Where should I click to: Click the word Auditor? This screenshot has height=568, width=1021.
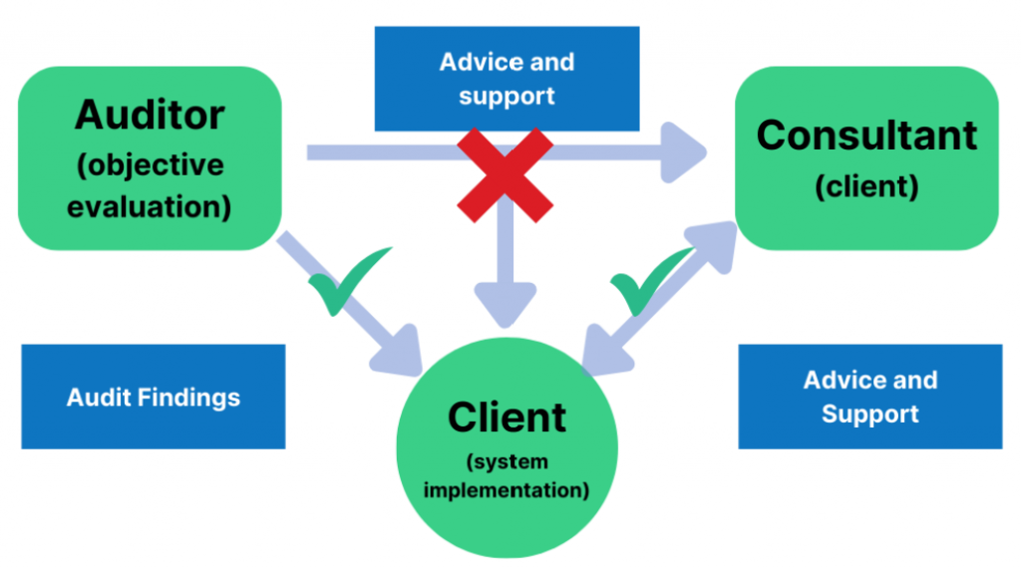tap(150, 116)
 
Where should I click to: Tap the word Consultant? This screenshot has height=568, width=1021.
tap(866, 135)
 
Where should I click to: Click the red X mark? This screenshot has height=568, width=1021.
tap(506, 173)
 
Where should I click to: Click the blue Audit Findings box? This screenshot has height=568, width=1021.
tap(154, 397)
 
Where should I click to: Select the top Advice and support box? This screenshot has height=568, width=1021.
tap(507, 79)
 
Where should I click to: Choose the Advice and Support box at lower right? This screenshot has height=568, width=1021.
tap(869, 397)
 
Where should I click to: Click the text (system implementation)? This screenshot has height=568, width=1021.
tap(507, 476)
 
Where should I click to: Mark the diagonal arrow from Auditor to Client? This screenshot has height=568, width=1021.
tap(349, 299)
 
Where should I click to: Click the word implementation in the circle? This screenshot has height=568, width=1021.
tap(507, 489)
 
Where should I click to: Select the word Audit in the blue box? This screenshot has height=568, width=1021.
tap(100, 398)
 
